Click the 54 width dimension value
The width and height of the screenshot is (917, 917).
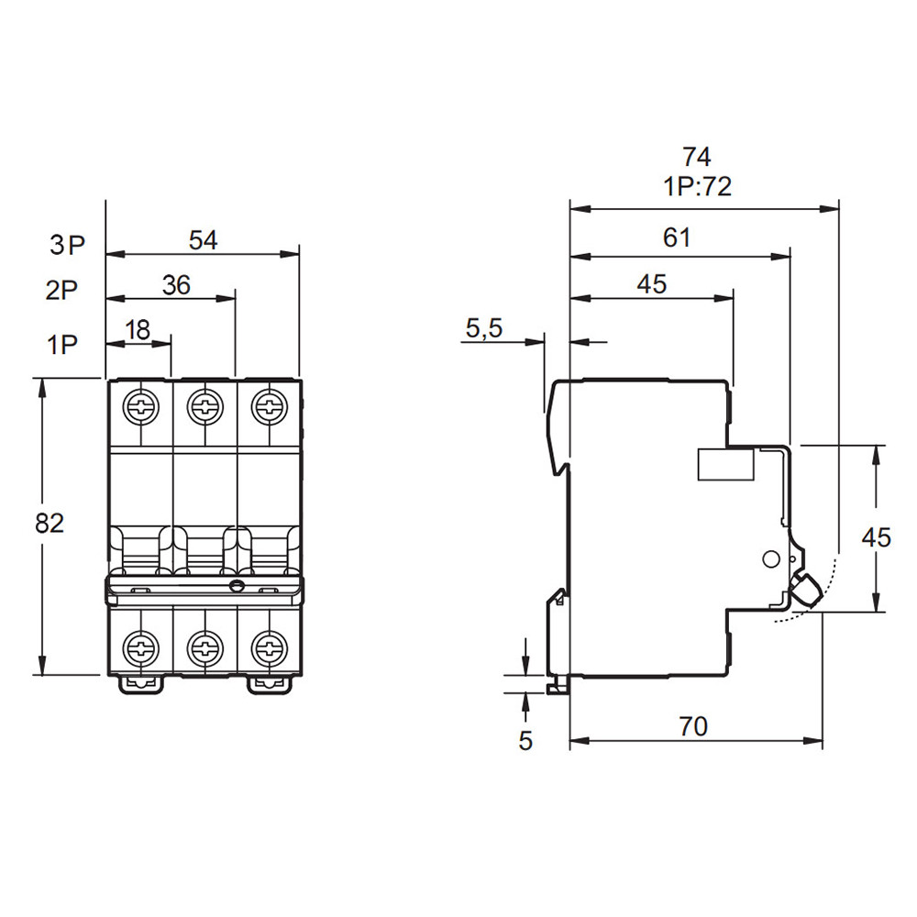click(x=203, y=240)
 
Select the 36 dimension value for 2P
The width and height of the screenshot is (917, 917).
click(x=175, y=285)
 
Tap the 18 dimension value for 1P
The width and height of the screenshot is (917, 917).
click(x=138, y=330)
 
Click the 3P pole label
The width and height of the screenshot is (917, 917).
click(x=67, y=245)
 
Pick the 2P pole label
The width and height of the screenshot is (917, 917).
click(x=61, y=292)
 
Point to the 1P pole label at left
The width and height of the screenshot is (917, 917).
click(x=61, y=345)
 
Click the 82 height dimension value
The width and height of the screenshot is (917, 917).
click(x=50, y=524)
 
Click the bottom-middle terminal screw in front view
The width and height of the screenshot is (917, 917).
click(x=204, y=647)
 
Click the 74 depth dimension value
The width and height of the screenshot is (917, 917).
click(x=697, y=157)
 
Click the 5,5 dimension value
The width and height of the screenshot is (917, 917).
click(x=483, y=329)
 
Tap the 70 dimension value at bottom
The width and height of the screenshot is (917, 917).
click(x=693, y=727)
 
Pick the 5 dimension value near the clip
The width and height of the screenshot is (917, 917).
click(x=525, y=740)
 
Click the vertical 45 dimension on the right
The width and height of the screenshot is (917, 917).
click(x=877, y=537)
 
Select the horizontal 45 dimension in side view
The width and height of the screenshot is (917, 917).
click(x=651, y=284)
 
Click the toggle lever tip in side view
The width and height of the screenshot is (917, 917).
click(x=807, y=589)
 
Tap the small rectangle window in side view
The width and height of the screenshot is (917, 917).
click(x=726, y=465)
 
